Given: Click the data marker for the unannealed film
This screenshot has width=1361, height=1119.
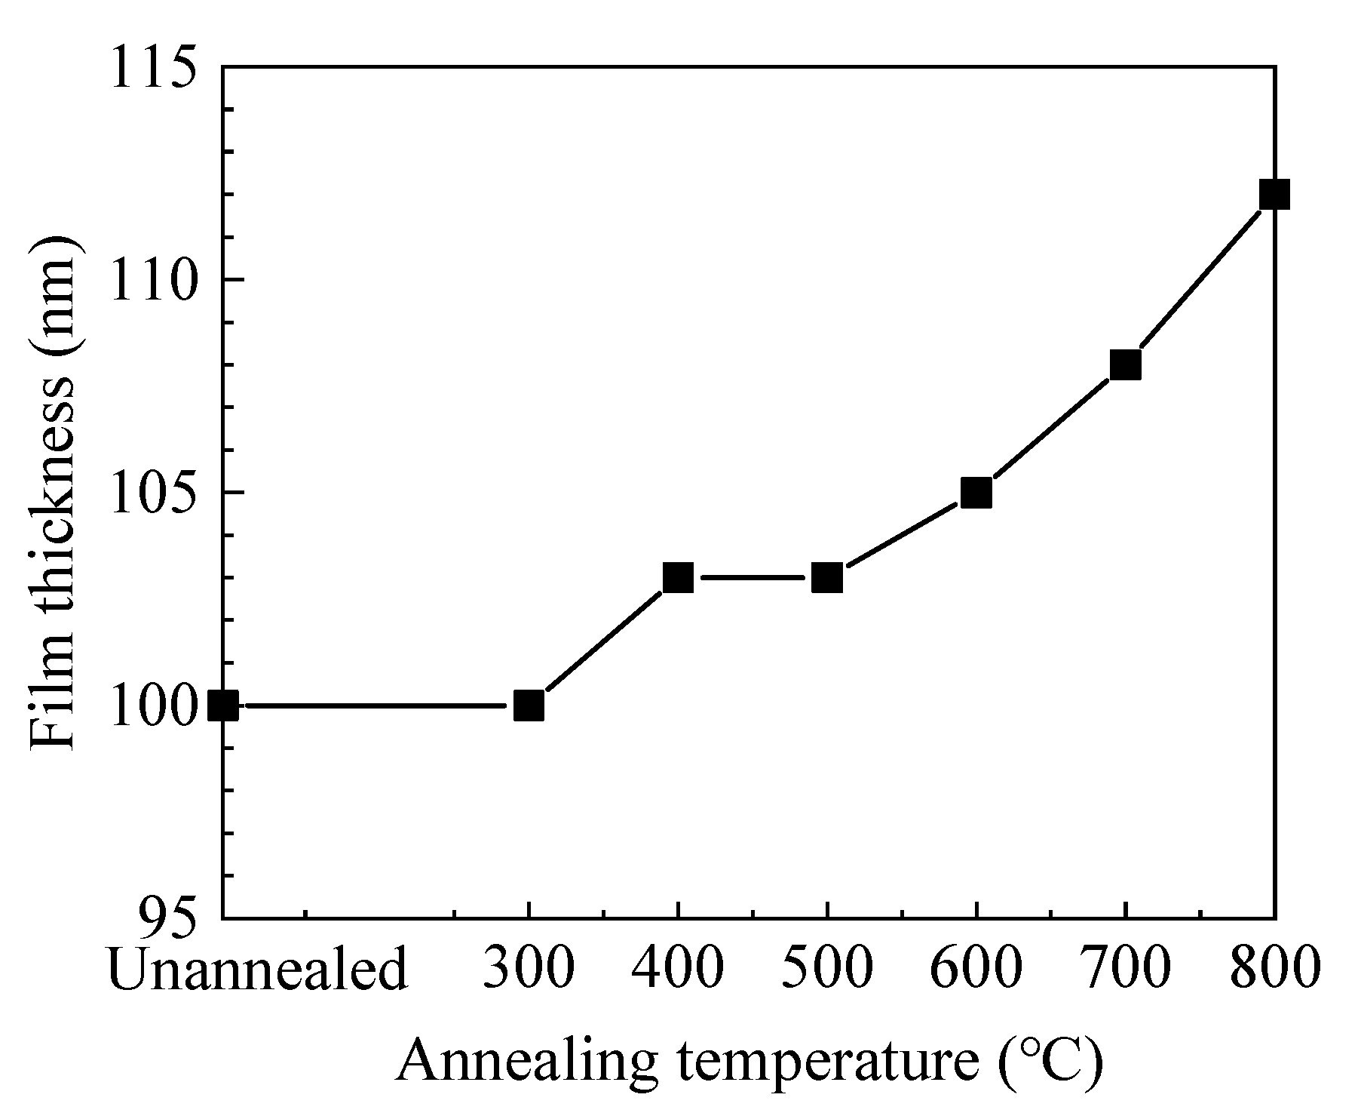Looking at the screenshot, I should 223,706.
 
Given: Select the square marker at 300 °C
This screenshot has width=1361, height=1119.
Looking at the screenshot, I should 529,706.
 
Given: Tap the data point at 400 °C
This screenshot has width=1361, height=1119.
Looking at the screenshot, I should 678,578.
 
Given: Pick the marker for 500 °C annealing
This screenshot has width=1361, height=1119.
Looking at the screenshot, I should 827,578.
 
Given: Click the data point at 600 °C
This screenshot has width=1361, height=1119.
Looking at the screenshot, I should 976,493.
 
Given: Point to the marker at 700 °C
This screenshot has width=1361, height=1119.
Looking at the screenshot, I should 1125,365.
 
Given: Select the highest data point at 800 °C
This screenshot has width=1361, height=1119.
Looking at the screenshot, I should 1274,195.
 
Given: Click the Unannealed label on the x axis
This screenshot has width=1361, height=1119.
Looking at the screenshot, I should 258,969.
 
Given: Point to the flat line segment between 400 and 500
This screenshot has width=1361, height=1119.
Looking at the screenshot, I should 753,578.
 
